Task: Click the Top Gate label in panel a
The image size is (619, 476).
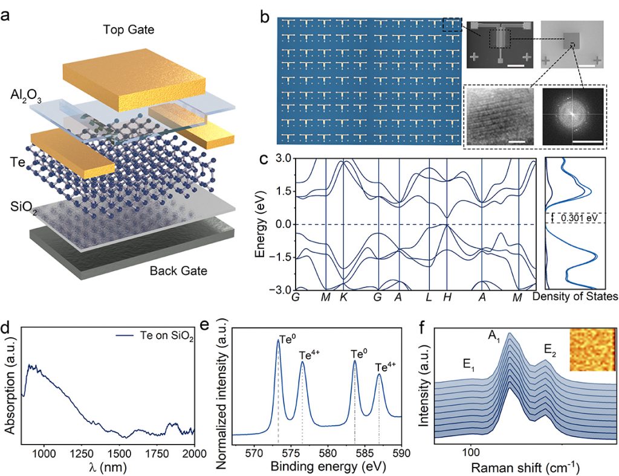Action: (128, 30)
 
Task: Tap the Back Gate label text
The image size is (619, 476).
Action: (178, 271)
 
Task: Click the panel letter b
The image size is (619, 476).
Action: (264, 17)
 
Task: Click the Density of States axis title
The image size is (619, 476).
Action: (574, 297)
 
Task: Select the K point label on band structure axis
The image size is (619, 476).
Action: (343, 297)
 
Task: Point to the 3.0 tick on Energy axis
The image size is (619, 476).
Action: (284, 159)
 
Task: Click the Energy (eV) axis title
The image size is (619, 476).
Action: (261, 224)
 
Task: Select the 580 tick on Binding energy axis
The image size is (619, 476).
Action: (328, 452)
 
